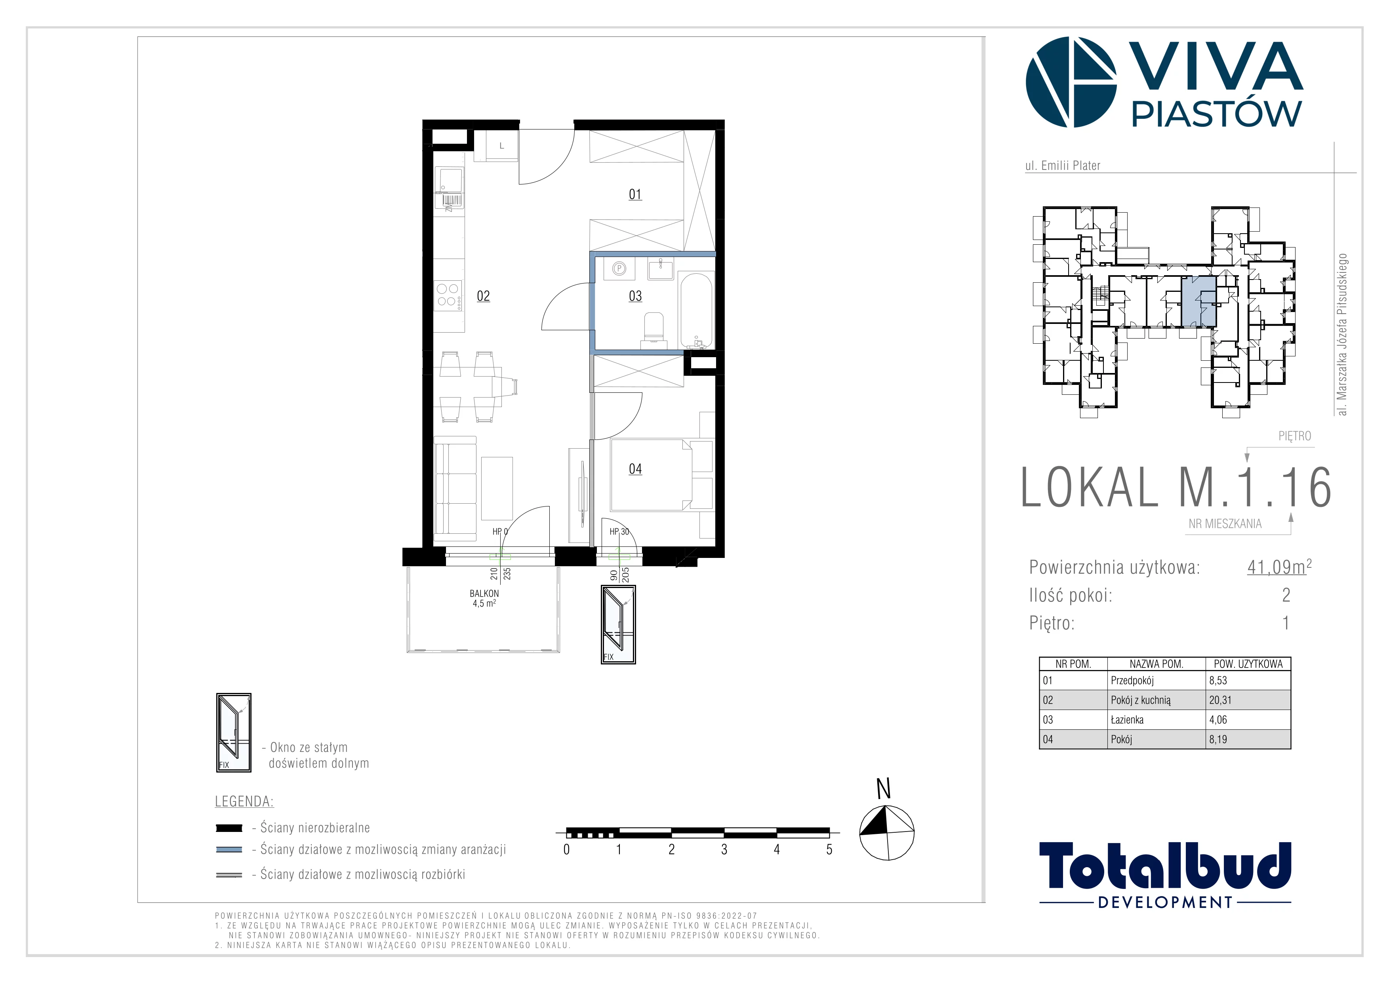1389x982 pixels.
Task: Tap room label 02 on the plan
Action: point(483,296)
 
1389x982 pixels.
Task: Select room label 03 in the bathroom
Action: point(635,296)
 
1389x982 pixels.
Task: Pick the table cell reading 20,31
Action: point(1220,700)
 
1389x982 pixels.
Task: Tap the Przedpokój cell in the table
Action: point(1132,680)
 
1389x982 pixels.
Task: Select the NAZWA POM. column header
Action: point(1156,664)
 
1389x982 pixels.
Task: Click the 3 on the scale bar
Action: point(724,850)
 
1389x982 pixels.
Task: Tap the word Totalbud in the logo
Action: point(1165,866)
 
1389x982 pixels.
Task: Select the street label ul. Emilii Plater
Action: point(1062,165)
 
